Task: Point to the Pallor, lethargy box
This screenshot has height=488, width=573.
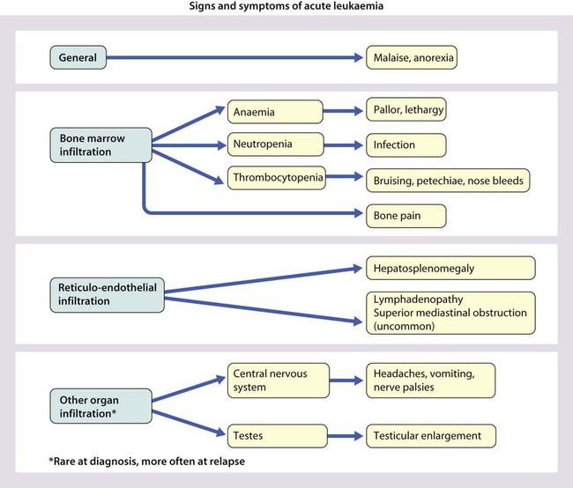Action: coord(406,111)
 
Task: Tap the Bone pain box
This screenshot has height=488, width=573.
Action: coord(406,213)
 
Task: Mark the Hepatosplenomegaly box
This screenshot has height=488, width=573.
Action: coord(450,267)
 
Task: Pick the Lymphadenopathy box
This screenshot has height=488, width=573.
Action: coord(450,314)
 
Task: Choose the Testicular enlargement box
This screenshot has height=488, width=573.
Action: coord(430,435)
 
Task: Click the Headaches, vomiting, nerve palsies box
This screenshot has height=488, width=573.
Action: coord(430,380)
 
